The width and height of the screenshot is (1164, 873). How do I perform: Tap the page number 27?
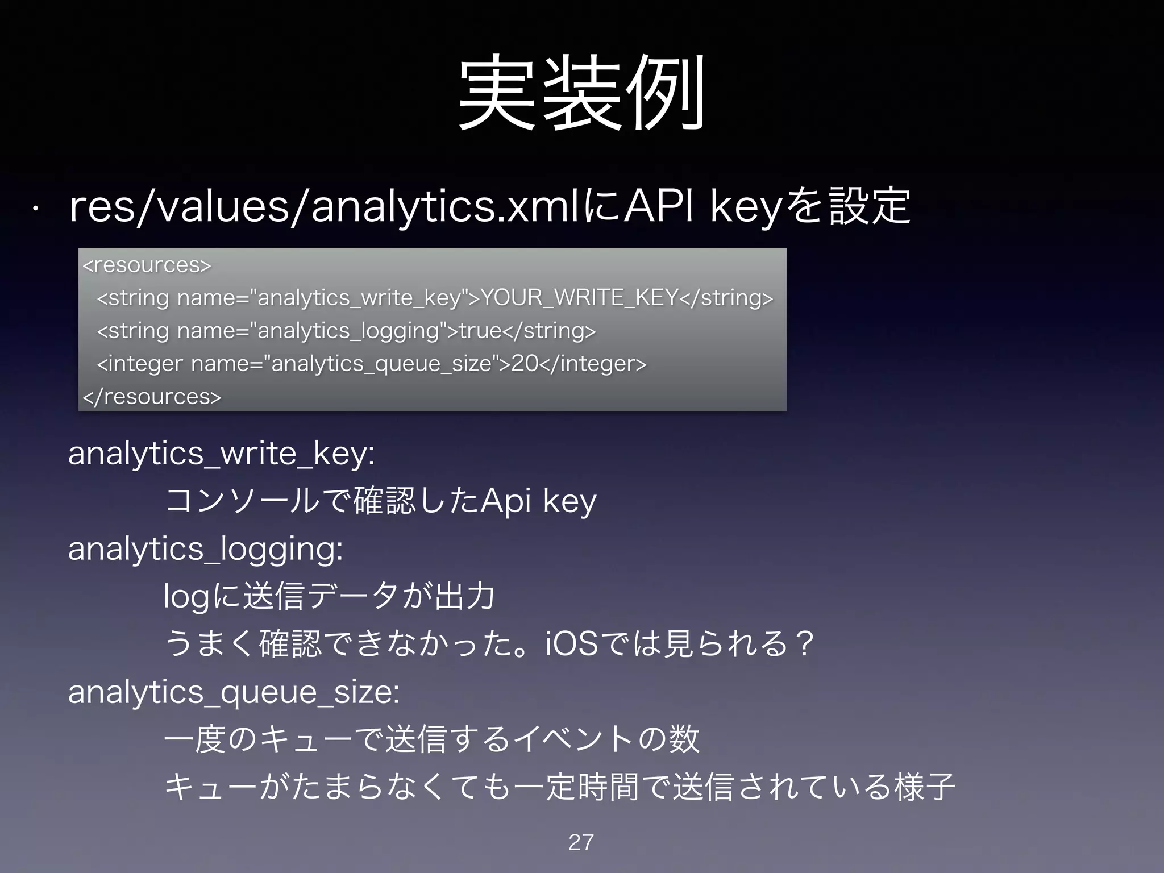click(x=581, y=842)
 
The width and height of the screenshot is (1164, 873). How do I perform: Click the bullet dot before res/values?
click(x=35, y=209)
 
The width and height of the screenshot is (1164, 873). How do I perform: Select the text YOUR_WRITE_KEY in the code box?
click(x=580, y=297)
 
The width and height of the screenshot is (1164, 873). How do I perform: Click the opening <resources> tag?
click(x=147, y=265)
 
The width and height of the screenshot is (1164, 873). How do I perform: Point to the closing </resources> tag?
click(x=152, y=396)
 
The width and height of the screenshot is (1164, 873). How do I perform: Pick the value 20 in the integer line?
click(x=524, y=363)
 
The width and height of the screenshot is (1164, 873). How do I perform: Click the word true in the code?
click(x=480, y=330)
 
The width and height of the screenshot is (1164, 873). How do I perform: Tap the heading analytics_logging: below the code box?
click(x=206, y=549)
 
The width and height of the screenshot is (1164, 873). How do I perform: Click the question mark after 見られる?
click(x=804, y=644)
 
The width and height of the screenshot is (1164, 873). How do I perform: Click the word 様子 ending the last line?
click(x=925, y=787)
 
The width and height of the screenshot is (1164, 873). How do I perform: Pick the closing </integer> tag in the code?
click(x=593, y=363)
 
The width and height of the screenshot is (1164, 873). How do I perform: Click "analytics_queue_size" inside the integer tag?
click(x=381, y=363)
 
